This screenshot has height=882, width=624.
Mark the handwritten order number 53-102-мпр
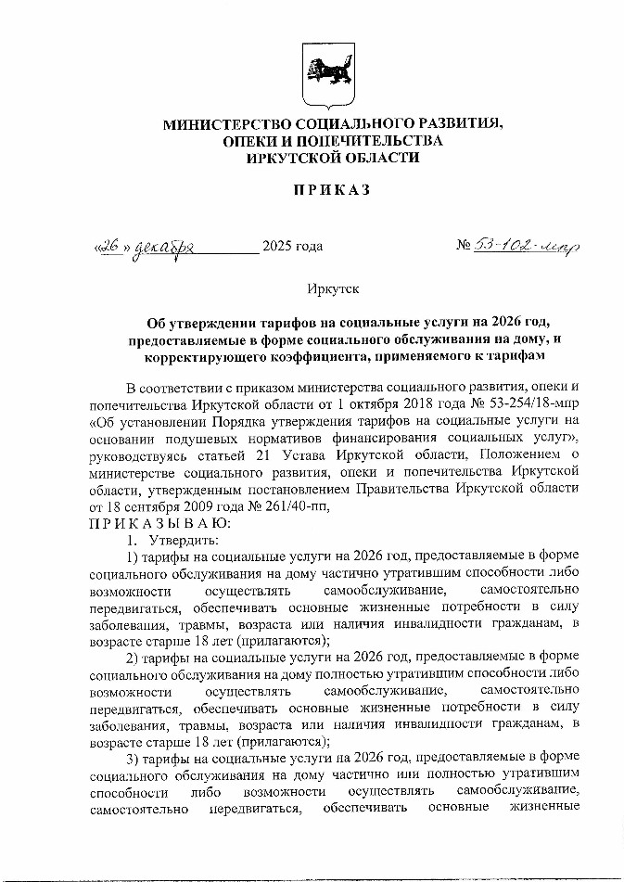click(527, 247)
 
